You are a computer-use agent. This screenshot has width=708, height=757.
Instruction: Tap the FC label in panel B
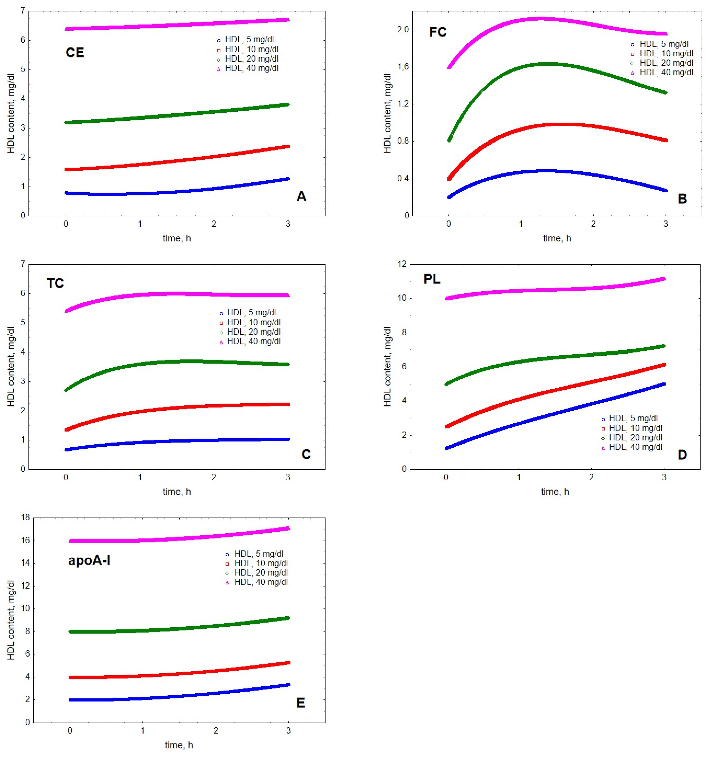438,32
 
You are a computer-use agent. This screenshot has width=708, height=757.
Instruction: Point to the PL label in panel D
432,279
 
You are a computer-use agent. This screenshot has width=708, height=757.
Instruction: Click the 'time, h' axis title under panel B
557,238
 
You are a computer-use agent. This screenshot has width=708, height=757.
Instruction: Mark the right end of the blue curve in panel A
288,179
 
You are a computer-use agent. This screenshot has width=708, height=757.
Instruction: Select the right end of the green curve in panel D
664,346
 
